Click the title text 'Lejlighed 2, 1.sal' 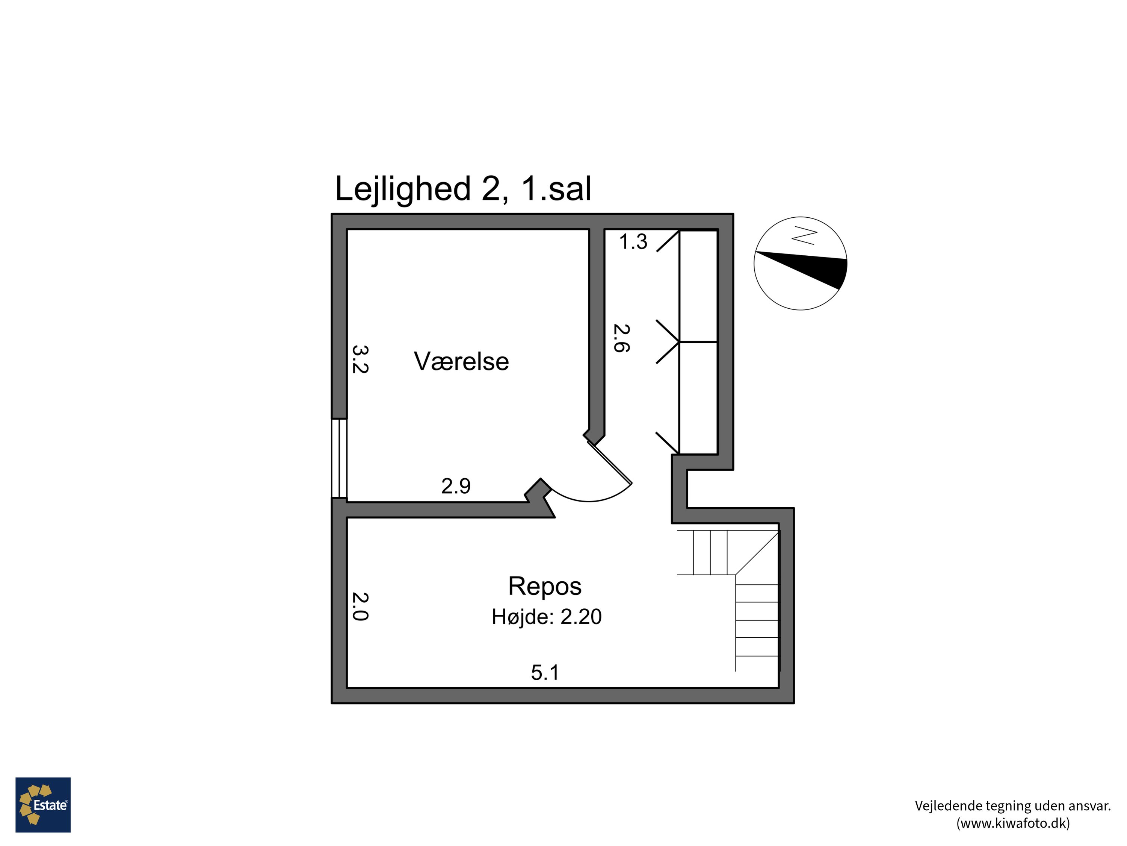462,189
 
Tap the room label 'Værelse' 461,362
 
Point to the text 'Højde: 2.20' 546,617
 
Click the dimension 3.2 360,359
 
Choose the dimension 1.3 633,242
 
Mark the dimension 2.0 360,606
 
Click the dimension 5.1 545,673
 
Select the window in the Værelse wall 339,458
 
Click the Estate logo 43,805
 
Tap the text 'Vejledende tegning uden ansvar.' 1013,806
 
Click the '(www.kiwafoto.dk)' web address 1013,823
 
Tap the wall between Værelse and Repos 438,510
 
